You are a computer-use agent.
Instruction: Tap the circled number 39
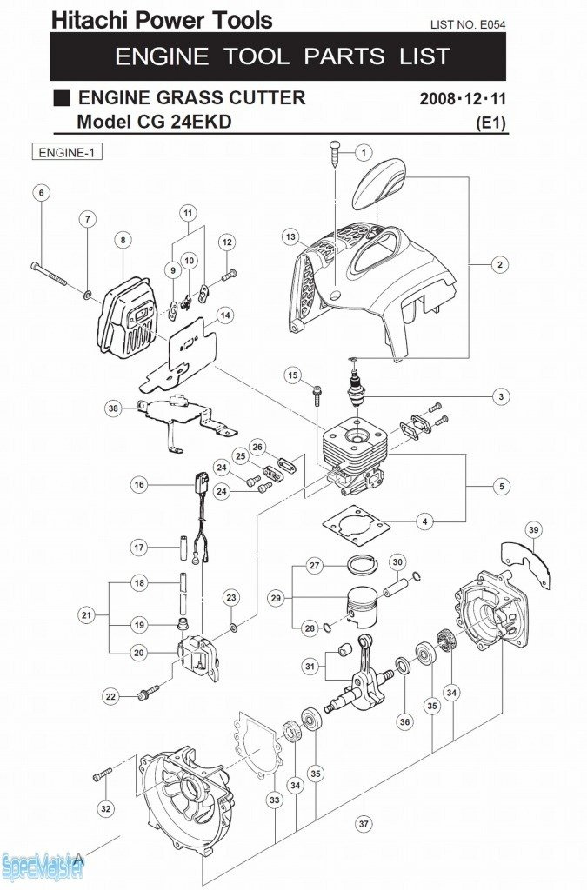[x=534, y=530]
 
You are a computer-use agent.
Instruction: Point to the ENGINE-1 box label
[x=67, y=153]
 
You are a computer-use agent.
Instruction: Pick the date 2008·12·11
[x=463, y=99]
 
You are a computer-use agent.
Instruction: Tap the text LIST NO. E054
[x=468, y=24]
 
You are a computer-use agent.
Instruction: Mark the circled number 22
[x=110, y=696]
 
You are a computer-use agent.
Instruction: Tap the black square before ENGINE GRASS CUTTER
[x=61, y=97]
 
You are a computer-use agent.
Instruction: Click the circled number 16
[x=139, y=485]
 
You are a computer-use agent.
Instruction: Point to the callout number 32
[x=105, y=809]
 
